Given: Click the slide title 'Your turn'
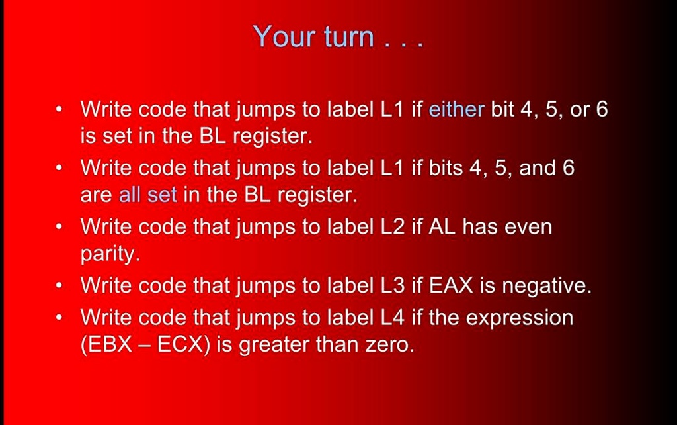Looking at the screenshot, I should point(337,37).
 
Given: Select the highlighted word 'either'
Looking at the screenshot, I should point(456,109).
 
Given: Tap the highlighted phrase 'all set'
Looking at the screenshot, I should point(147,195).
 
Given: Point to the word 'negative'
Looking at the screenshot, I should point(546,286).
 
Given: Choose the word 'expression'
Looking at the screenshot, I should point(519,318).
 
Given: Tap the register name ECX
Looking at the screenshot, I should point(180,346).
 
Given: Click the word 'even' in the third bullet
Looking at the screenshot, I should point(528,227).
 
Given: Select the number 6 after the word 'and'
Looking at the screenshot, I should point(568,167).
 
